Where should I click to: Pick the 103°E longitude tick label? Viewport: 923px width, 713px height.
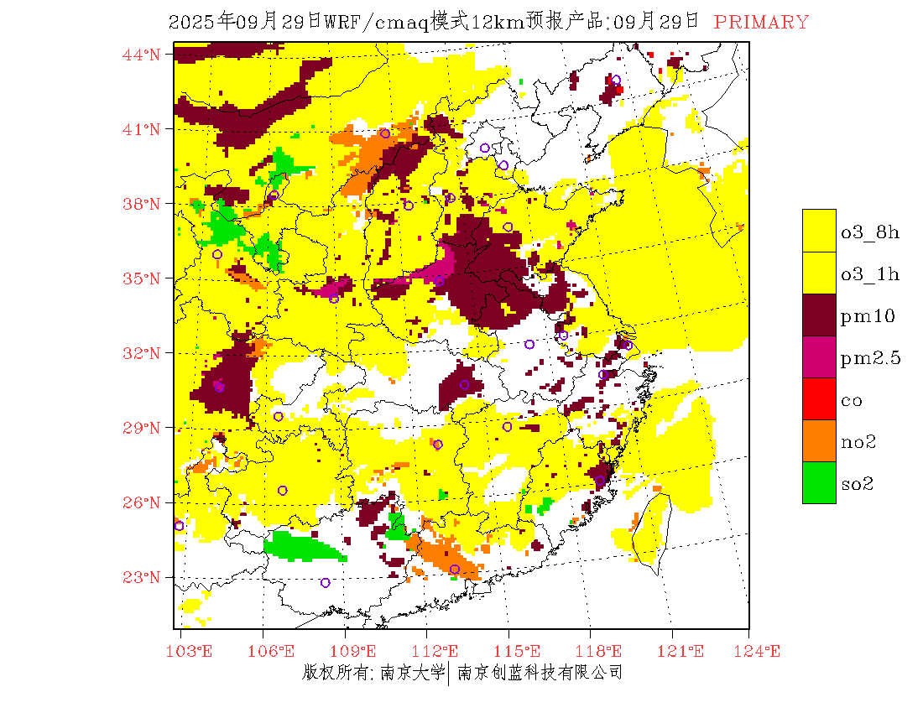point(192,651)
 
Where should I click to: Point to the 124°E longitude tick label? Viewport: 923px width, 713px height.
point(763,651)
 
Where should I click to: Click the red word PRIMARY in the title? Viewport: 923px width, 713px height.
point(761,23)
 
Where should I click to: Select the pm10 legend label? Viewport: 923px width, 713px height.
point(868,316)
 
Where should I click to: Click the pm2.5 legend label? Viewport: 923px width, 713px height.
point(871,358)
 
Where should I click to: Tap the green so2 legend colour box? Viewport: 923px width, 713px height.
point(819,482)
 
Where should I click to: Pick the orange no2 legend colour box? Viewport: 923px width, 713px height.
point(819,440)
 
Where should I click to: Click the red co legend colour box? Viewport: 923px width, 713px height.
point(819,398)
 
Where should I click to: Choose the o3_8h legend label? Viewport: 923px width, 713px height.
point(871,232)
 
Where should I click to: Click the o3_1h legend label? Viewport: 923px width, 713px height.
point(871,274)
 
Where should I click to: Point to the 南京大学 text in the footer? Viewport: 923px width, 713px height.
point(412,672)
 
